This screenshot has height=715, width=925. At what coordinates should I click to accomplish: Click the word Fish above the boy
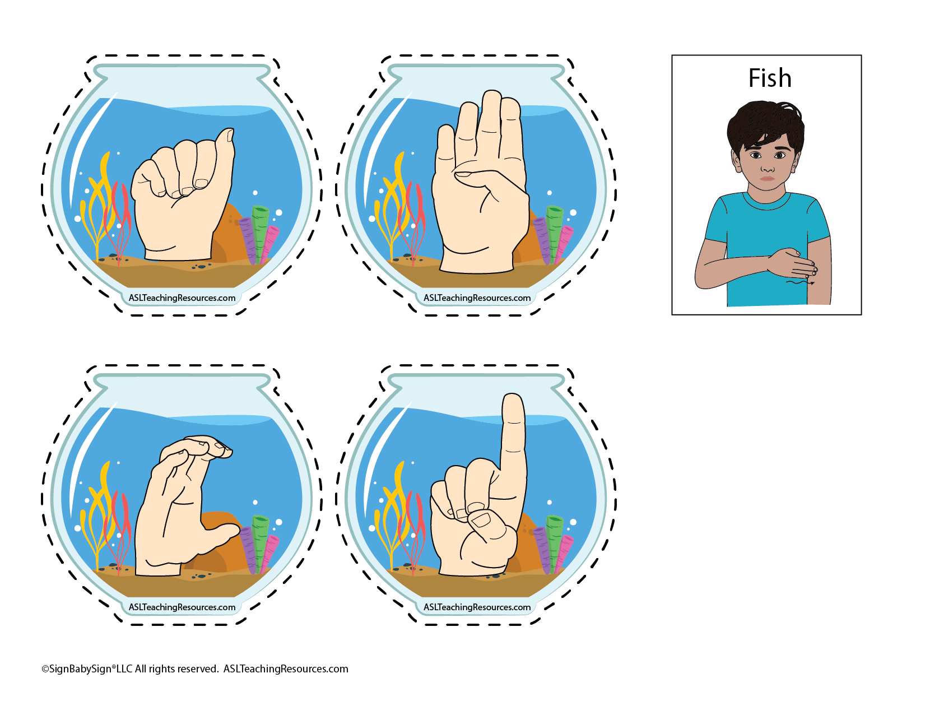tap(770, 78)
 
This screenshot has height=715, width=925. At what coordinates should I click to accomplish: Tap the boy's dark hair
tap(765, 123)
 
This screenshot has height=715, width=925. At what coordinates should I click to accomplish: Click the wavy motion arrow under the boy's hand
tap(800, 282)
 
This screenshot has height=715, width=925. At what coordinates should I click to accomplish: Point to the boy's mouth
tap(767, 178)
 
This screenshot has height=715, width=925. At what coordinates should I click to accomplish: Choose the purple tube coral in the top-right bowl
tap(541, 240)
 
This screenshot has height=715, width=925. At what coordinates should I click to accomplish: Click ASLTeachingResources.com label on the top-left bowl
tap(182, 298)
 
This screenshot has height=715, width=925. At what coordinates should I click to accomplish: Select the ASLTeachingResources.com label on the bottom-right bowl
tap(477, 607)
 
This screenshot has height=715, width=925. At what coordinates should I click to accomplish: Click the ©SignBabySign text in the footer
tap(77, 669)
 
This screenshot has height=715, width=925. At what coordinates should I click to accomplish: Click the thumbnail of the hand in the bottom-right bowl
tap(481, 519)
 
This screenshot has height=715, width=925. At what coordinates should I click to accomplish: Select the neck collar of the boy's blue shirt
tap(766, 202)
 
